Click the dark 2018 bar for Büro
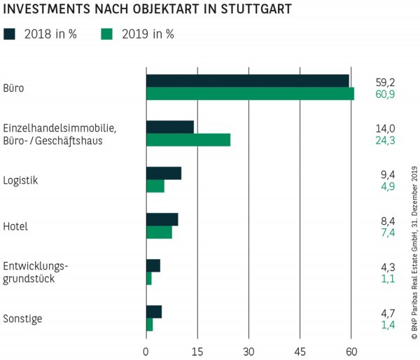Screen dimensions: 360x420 247,81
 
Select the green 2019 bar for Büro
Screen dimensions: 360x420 250,94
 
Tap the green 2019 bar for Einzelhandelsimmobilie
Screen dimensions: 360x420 188,140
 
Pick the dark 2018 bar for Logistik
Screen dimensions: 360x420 163,173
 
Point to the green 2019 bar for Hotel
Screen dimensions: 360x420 158,233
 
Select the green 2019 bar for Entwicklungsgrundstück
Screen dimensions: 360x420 148,279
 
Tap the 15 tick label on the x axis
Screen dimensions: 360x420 197,349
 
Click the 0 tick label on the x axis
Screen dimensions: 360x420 146,349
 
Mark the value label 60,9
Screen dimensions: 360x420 385,94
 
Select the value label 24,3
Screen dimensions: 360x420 385,140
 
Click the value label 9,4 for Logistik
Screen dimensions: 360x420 385,174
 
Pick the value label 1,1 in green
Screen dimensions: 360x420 385,279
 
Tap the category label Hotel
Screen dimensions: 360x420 17,226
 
